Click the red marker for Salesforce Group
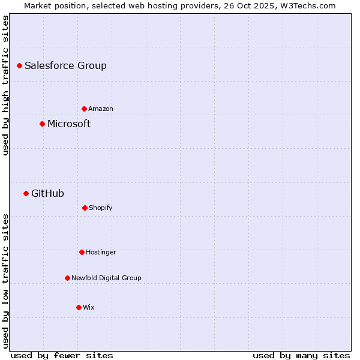(x=19, y=65)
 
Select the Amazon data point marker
(x=84, y=109)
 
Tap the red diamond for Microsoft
(x=42, y=124)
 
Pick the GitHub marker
(x=26, y=193)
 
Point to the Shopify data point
(x=85, y=208)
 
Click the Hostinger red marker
(x=82, y=252)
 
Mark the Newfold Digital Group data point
(x=67, y=278)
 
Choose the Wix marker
(x=79, y=307)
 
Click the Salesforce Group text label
(x=65, y=66)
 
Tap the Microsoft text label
(x=69, y=124)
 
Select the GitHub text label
(x=47, y=194)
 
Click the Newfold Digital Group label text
(x=106, y=278)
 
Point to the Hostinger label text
(x=101, y=252)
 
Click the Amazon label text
(x=101, y=109)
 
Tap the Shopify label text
(x=101, y=208)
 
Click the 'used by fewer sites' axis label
(x=62, y=355)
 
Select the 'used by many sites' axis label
(x=301, y=355)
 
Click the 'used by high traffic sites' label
(x=5, y=85)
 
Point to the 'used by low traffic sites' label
(x=5, y=281)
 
